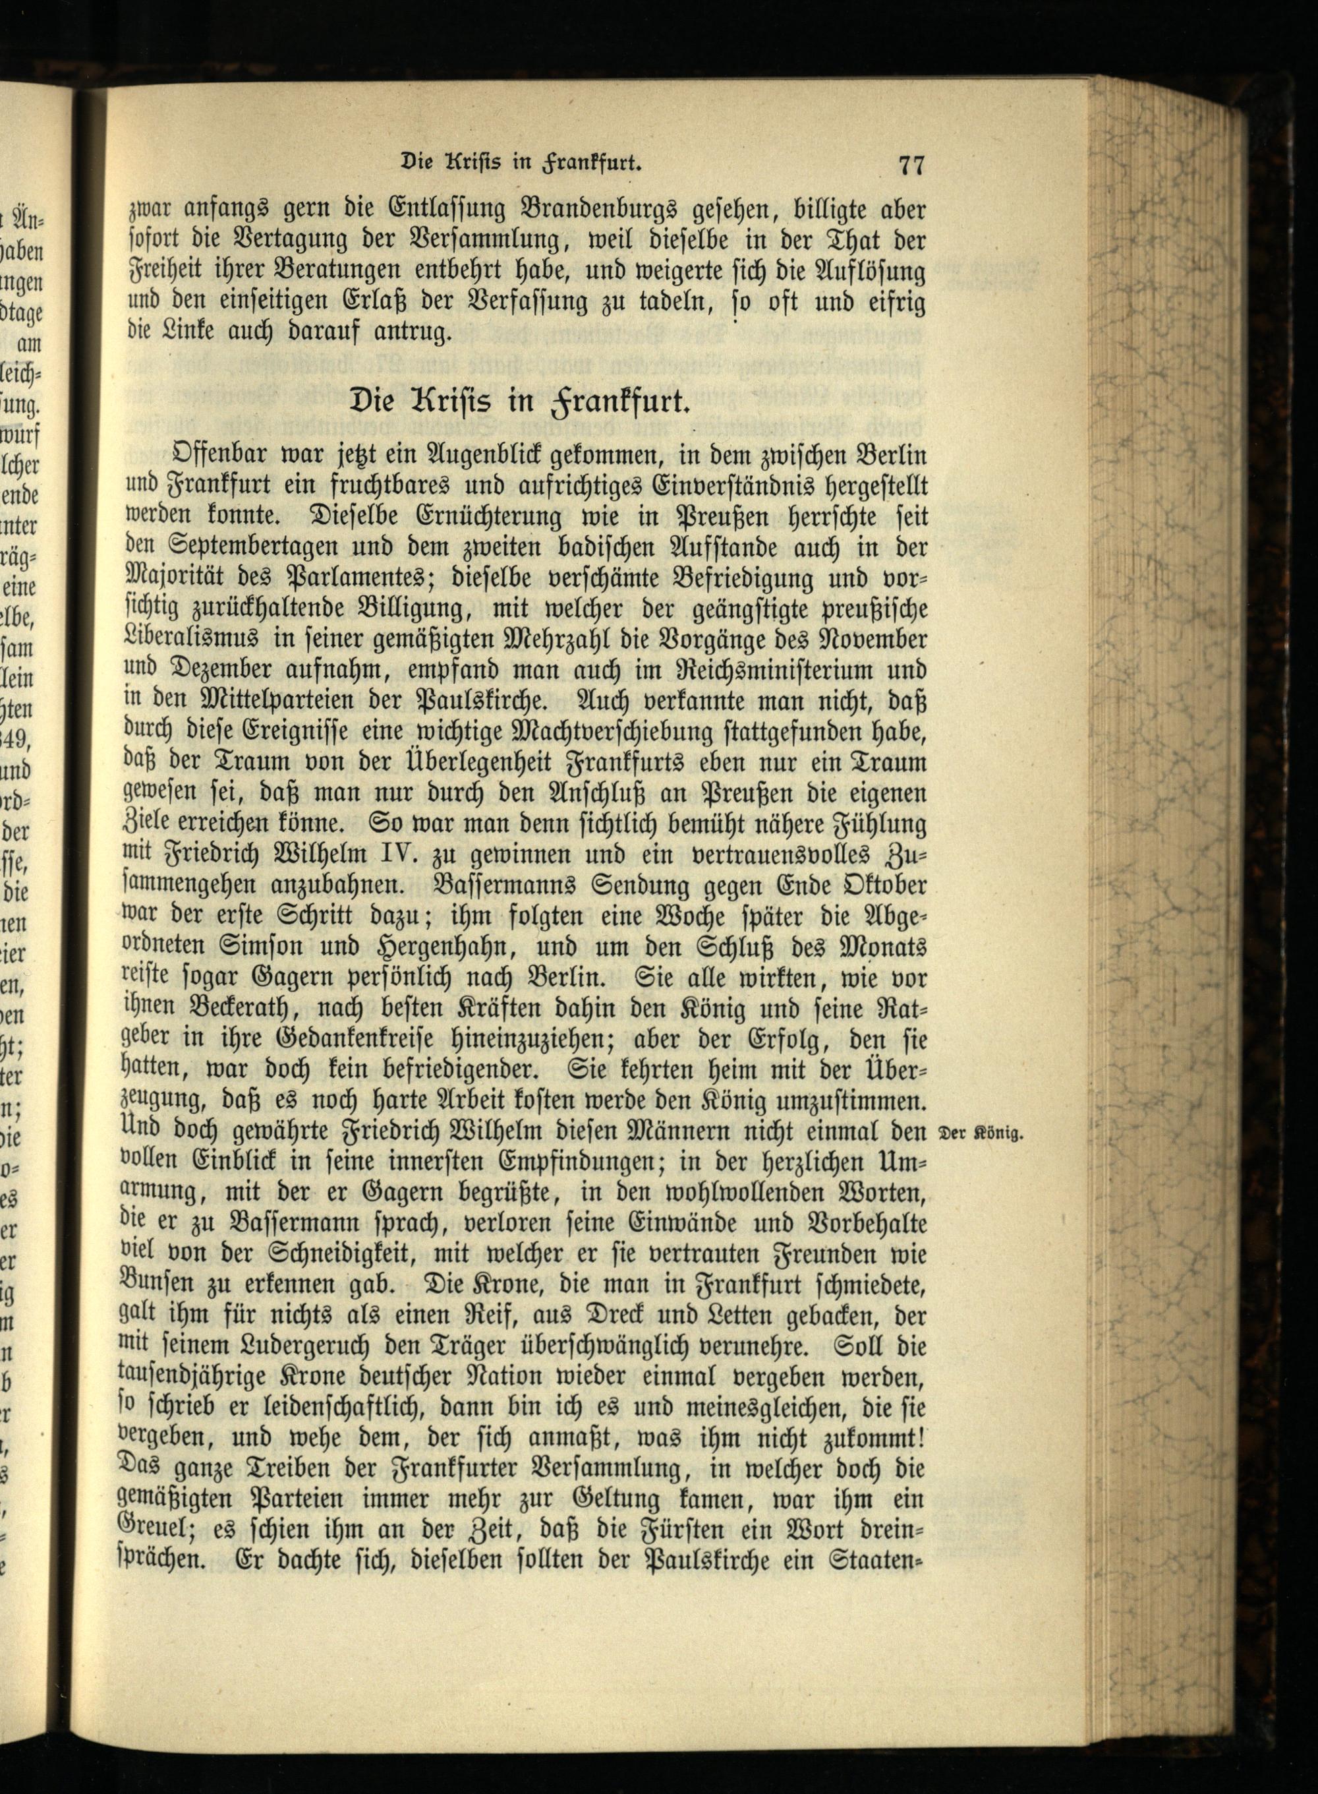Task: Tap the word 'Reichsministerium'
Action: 780,672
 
